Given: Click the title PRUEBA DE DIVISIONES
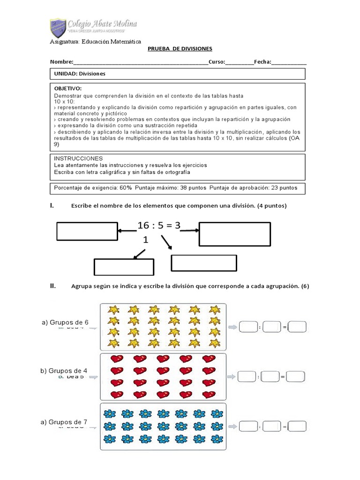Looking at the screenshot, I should click(180, 49).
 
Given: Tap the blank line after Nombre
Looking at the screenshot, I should click(141, 63).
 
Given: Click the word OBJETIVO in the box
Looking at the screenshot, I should click(68, 89).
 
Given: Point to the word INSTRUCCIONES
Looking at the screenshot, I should click(78, 158).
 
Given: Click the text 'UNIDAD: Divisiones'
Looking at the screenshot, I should click(80, 74).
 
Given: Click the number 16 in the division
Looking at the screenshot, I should click(143, 225).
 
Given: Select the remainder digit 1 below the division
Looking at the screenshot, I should click(146, 240).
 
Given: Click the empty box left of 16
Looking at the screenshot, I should click(87, 232).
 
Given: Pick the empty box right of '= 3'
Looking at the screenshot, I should click(234, 234).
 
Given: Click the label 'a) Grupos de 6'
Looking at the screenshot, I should click(65, 322).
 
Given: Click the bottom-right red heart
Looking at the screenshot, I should click(208, 394).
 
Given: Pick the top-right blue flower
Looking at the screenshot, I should click(216, 413).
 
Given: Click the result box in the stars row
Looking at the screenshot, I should click(297, 327).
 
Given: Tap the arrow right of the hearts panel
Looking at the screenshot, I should click(232, 376).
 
